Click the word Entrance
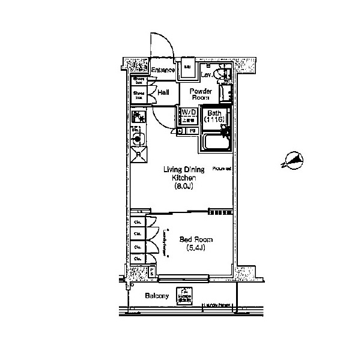tap(163, 71)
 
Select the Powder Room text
tap(199, 94)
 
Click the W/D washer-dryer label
tap(189, 113)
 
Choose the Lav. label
tap(206, 75)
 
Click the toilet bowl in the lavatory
tap(223, 74)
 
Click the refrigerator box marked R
tap(139, 154)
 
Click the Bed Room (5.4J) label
tap(196, 244)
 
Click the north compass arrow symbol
tap(293, 160)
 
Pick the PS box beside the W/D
tap(193, 130)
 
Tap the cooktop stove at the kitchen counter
tap(138, 116)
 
